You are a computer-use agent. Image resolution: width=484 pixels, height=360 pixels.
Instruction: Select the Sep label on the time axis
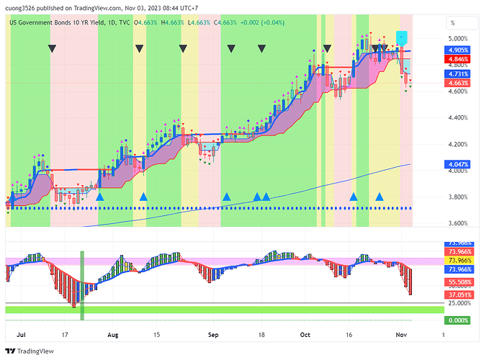click(x=212, y=335)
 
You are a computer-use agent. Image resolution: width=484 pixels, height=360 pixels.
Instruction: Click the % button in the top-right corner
click(x=452, y=22)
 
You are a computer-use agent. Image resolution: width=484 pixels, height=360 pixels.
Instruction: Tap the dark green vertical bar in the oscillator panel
click(x=82, y=286)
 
